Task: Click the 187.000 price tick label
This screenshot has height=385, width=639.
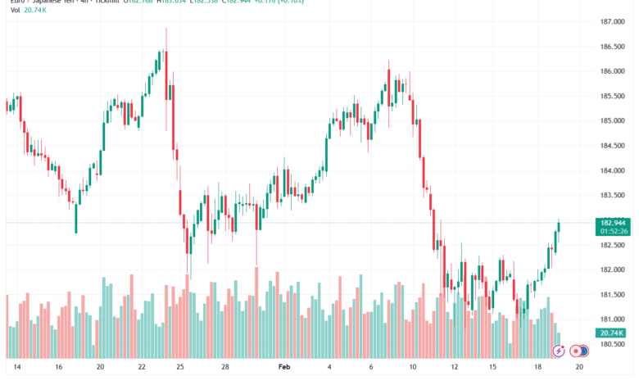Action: click(613, 21)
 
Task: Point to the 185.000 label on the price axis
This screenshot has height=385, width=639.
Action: click(613, 120)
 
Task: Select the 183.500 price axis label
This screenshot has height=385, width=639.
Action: click(613, 195)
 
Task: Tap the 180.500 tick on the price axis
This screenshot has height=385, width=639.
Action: click(613, 344)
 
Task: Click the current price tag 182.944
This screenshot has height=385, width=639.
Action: click(614, 223)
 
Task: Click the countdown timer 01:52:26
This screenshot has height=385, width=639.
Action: click(614, 232)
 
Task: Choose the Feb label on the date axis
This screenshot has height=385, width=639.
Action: click(284, 369)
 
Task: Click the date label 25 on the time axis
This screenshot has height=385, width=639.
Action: click(180, 369)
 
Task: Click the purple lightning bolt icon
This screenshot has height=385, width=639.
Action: click(559, 351)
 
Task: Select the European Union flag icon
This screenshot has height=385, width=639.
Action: click(583, 351)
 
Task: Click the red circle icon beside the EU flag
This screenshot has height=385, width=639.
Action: click(576, 351)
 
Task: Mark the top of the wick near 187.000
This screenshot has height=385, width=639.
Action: click(166, 28)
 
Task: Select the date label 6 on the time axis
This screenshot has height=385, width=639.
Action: click(371, 369)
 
